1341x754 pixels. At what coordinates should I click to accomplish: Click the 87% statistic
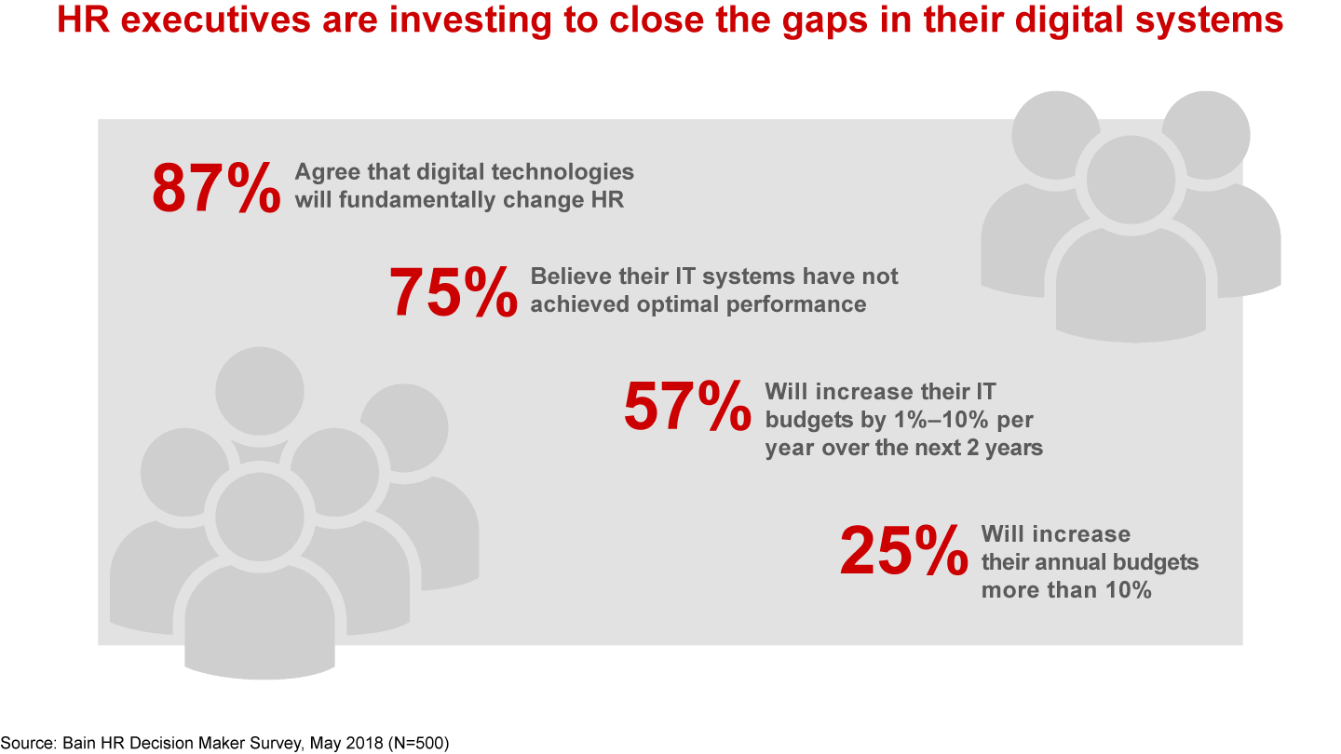click(215, 189)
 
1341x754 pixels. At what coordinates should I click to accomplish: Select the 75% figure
click(453, 293)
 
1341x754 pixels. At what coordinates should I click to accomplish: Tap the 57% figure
click(687, 407)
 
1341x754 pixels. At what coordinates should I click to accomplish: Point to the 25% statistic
click(903, 552)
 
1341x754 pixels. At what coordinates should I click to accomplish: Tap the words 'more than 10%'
click(1066, 590)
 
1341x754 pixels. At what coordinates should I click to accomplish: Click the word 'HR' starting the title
click(79, 20)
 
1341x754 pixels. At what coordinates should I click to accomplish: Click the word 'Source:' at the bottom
click(30, 743)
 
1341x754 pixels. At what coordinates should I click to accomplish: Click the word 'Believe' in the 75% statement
click(570, 276)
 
